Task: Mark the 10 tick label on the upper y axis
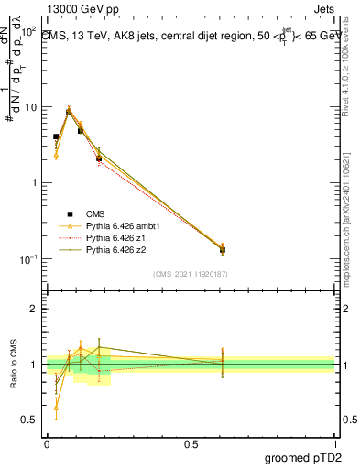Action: [x=30, y=107]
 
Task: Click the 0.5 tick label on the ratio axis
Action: [x=30, y=420]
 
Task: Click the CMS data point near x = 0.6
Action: [x=223, y=249]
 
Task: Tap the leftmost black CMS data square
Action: [x=56, y=136]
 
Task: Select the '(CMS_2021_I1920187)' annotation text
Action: [x=190, y=274]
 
